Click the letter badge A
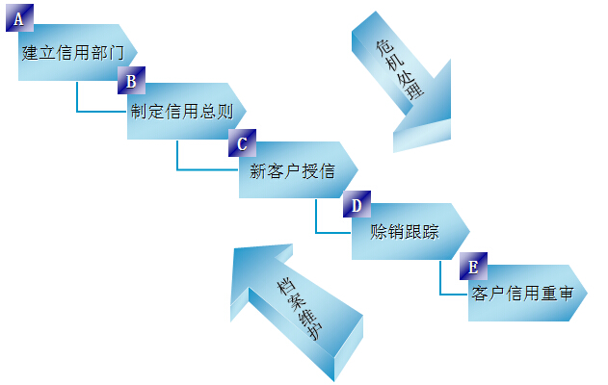[19, 18]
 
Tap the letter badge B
[131, 80]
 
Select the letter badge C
[242, 143]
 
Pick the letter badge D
[357, 205]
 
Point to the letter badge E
[472, 266]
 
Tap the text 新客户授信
[292, 172]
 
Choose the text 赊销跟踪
[405, 231]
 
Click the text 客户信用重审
[523, 293]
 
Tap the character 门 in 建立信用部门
[117, 52]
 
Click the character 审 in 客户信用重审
[566, 293]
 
